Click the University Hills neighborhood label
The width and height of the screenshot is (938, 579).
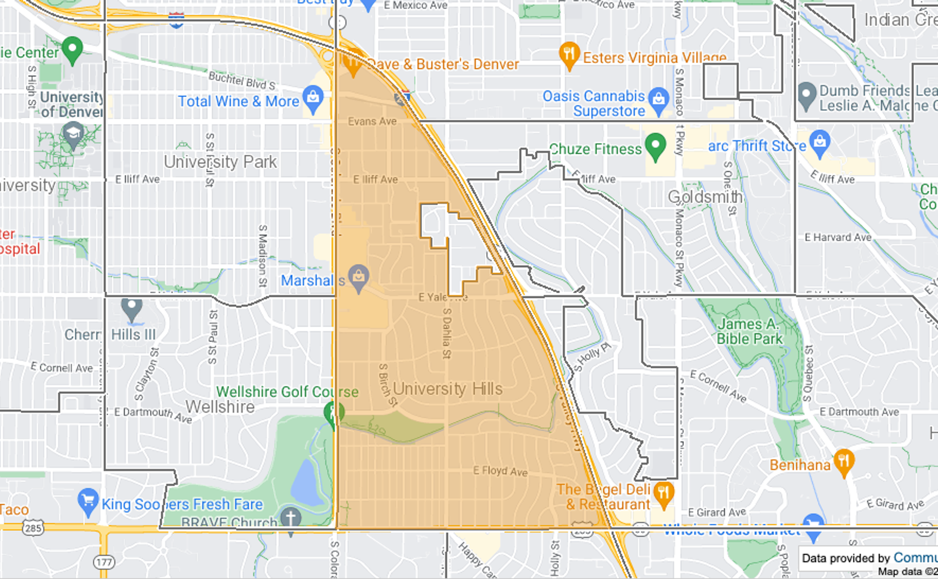tap(448, 389)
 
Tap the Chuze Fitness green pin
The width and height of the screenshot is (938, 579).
tap(655, 145)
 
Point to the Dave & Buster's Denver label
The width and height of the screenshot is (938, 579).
tap(442, 64)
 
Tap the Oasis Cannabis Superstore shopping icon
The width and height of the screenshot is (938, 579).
tap(659, 99)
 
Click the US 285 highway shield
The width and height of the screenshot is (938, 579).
tap(33, 528)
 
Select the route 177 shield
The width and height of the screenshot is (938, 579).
tap(104, 562)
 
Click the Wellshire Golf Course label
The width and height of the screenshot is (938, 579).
tap(287, 392)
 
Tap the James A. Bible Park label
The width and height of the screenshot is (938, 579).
tap(749, 331)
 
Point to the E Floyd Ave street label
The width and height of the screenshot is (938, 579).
tap(500, 471)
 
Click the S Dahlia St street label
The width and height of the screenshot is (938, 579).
tap(447, 333)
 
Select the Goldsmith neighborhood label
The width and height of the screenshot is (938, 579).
tap(705, 197)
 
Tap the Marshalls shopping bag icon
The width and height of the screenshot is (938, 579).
tap(359, 277)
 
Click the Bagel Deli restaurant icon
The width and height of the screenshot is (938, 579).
tap(663, 492)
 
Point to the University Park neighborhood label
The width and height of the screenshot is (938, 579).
tap(220, 162)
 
